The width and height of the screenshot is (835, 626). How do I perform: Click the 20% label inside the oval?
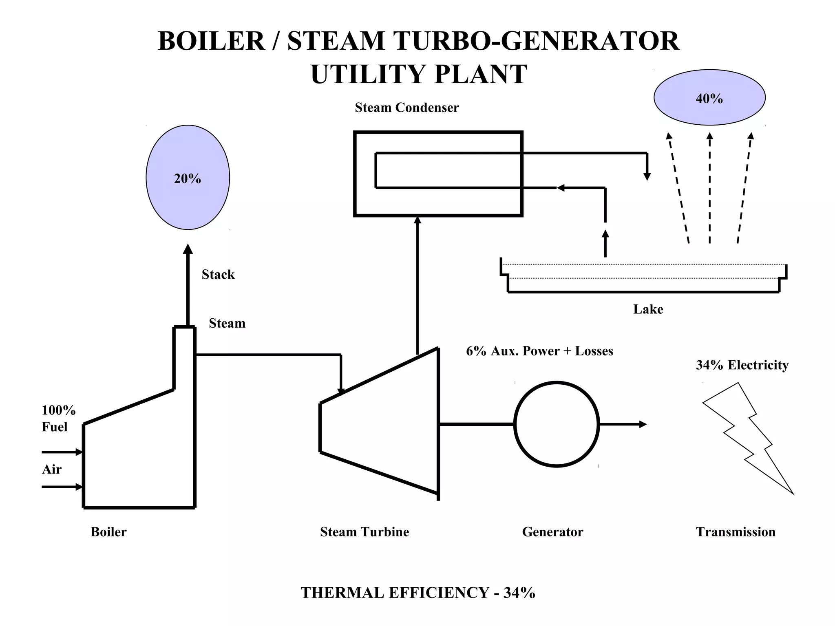(x=188, y=179)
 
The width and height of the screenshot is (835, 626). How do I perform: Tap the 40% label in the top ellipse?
(x=709, y=99)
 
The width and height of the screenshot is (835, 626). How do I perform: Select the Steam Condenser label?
(x=406, y=108)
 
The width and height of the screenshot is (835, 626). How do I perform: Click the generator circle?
(x=557, y=424)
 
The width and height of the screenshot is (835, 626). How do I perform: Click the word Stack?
(x=218, y=274)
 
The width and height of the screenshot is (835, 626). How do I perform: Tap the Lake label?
(x=648, y=309)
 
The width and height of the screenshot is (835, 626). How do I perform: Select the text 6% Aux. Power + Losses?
(x=539, y=351)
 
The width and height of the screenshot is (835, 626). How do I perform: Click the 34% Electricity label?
(x=742, y=365)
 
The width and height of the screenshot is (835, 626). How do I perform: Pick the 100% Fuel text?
(x=58, y=418)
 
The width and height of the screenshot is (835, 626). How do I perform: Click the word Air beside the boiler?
(x=52, y=469)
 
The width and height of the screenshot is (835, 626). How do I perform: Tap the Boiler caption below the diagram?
(x=108, y=532)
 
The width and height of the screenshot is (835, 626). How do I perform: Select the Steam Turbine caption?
(x=364, y=532)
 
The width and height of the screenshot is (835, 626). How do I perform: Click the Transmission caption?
(x=736, y=532)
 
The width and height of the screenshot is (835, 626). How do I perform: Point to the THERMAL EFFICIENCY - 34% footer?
(x=417, y=593)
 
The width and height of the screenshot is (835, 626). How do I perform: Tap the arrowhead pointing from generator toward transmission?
(x=643, y=424)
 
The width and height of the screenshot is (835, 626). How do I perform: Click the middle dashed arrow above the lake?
(x=709, y=187)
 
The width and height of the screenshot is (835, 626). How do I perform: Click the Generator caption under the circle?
(x=552, y=532)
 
